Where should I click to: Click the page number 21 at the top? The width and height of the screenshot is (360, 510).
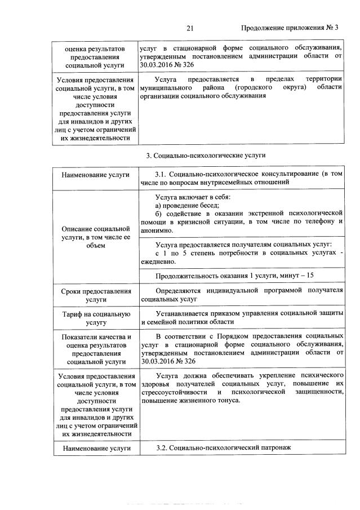pyautogui.click(x=189, y=28)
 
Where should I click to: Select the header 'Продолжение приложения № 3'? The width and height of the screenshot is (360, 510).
pyautogui.click(x=290, y=28)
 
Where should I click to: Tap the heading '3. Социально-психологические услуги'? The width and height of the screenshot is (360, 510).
pyautogui.click(x=205, y=154)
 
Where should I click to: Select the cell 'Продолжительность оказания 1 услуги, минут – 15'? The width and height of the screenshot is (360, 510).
pyautogui.click(x=235, y=275)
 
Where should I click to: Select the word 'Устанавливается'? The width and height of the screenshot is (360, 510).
pyautogui.click(x=183, y=313)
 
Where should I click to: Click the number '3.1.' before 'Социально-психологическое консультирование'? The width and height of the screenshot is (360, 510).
pyautogui.click(x=161, y=175)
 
